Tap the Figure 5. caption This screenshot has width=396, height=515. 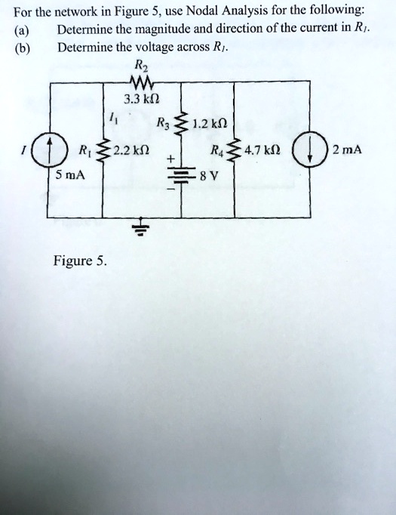click(x=80, y=262)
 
